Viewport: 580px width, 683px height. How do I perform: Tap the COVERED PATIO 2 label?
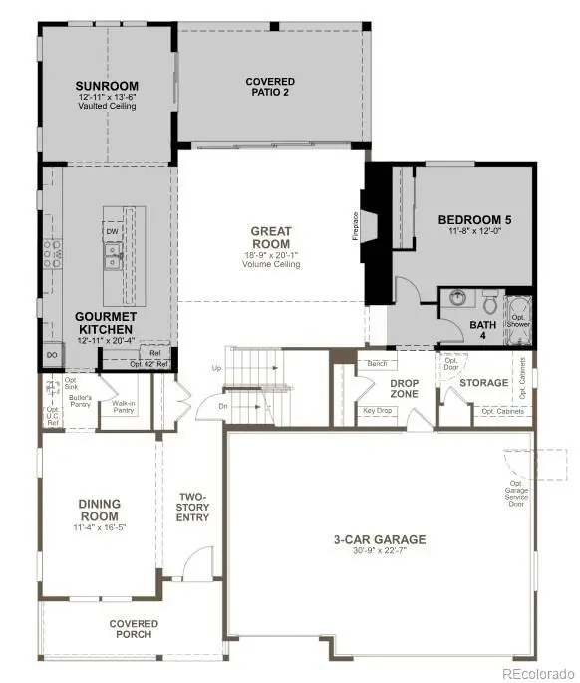coord(270,86)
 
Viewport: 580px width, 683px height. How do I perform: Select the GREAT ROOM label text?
coord(270,238)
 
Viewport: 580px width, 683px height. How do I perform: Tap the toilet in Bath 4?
coord(490,298)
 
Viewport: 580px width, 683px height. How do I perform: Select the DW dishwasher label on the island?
coord(113,232)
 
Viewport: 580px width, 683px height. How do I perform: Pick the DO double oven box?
coord(51,355)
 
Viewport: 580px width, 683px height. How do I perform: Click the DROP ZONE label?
coord(403,388)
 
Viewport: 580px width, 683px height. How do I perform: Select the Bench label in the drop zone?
coord(377,364)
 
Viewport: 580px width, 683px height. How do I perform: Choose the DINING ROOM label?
coord(99,511)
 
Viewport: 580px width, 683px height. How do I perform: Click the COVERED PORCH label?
coord(134,630)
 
